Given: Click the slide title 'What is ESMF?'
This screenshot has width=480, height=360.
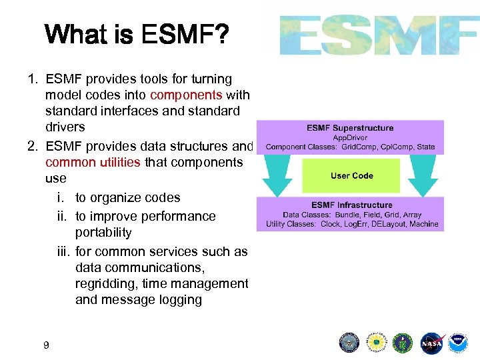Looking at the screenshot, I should pyautogui.click(x=137, y=34).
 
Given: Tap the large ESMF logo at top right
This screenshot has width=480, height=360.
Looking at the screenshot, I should pyautogui.click(x=378, y=35).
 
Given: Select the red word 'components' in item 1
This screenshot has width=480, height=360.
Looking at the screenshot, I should pyautogui.click(x=186, y=95).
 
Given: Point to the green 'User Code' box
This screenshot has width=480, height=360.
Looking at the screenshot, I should pyautogui.click(x=351, y=176).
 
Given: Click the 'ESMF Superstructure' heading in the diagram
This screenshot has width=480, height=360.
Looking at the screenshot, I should pyautogui.click(x=350, y=128).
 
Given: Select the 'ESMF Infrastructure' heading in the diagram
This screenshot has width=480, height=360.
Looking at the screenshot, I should pyautogui.click(x=351, y=205).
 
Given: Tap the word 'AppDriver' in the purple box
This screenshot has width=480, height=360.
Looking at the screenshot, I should pyautogui.click(x=351, y=137).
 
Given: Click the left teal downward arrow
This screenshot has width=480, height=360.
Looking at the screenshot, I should pyautogui.click(x=277, y=175).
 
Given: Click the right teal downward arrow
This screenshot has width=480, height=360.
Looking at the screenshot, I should pyautogui.click(x=423, y=175).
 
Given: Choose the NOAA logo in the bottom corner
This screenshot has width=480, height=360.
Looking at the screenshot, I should pyautogui.click(x=458, y=343).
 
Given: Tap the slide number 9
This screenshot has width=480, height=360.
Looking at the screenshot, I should pyautogui.click(x=45, y=345).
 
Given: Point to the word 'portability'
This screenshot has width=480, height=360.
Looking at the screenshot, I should pyautogui.click(x=103, y=233).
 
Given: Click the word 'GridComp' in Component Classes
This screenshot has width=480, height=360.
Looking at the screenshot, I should pyautogui.click(x=361, y=147).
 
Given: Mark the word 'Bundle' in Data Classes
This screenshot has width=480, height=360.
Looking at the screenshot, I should pyautogui.click(x=340, y=215).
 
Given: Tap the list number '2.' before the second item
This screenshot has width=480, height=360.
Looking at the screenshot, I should pyautogui.click(x=33, y=146).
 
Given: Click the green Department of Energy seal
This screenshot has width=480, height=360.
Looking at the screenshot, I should pyautogui.click(x=403, y=343).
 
